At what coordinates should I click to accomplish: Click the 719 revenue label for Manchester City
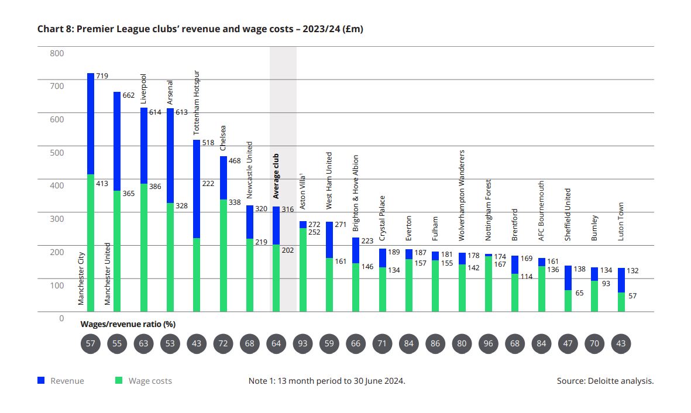pos(102,76)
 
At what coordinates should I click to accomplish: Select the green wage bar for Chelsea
pos(223,255)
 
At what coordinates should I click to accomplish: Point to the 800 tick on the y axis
pos(57,53)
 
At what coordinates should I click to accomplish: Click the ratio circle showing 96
pos(489,343)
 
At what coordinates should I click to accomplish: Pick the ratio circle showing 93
pos(302,343)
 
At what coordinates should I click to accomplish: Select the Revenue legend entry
pos(61,381)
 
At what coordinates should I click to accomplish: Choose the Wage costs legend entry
pos(143,381)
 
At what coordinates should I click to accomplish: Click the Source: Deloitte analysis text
pos(605,381)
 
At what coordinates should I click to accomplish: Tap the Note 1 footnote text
pos(326,381)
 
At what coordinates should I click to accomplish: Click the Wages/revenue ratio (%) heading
pos(128,323)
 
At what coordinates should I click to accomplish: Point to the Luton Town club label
pos(621,221)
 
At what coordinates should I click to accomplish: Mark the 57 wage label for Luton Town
pos(632,296)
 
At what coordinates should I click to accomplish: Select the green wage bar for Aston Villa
pos(303,270)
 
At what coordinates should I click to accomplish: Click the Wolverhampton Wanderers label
pos(462,187)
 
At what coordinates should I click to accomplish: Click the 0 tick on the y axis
pos(61,318)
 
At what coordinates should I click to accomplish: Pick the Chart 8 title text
pos(200,29)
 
